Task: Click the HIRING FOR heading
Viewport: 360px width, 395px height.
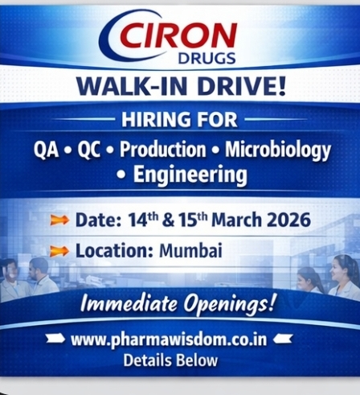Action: (179, 121)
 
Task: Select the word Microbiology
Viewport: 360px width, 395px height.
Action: (277, 150)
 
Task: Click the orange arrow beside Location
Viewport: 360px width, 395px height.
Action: (59, 251)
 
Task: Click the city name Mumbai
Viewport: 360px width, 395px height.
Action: (190, 251)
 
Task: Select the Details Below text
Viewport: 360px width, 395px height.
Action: (170, 360)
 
